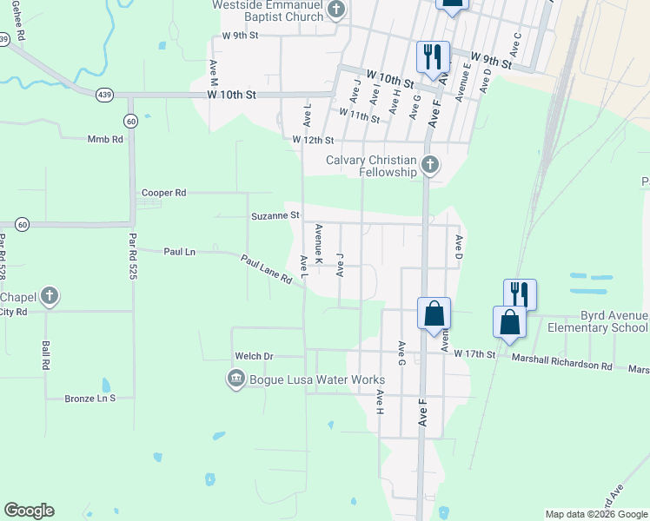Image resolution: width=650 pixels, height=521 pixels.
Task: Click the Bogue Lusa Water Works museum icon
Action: (x=235, y=379)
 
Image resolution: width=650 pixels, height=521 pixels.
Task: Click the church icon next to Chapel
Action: (x=50, y=296)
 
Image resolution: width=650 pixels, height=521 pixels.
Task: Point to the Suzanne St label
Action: (x=275, y=215)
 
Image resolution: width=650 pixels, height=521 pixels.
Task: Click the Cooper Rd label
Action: (x=164, y=193)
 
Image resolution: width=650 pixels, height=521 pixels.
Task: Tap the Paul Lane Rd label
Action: (x=266, y=269)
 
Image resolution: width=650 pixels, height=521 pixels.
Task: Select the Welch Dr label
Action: (x=254, y=356)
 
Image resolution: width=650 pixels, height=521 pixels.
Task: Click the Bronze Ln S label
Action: (x=90, y=399)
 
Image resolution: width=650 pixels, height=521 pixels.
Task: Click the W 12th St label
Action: (x=313, y=140)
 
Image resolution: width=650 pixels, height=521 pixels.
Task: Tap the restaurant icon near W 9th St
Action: (x=433, y=56)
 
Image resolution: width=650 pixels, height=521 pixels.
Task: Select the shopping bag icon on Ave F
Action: (x=434, y=313)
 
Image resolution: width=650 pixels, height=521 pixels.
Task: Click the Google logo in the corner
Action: (x=29, y=511)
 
